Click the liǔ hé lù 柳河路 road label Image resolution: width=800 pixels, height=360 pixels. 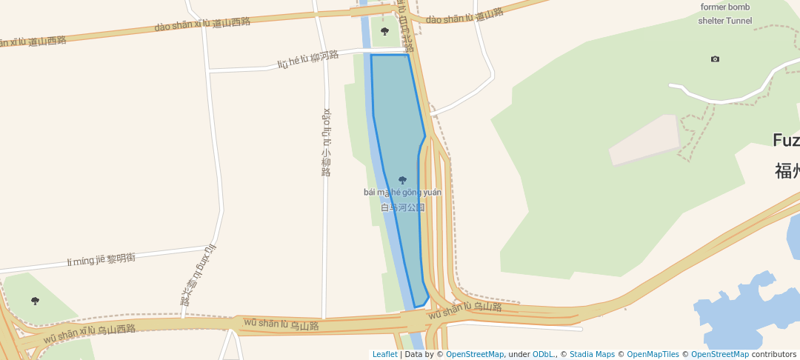(308, 59)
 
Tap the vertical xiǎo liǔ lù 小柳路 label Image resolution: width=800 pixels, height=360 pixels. (326, 142)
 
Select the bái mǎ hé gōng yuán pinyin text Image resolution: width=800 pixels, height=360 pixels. (402, 193)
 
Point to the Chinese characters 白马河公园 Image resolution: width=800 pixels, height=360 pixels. (402, 207)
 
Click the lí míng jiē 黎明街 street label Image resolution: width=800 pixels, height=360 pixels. (101, 259)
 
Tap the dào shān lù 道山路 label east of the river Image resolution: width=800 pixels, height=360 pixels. (464, 16)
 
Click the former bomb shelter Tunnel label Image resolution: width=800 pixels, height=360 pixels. (725, 14)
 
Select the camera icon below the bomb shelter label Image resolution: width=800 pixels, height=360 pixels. (715, 59)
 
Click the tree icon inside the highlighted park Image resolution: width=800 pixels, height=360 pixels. (402, 180)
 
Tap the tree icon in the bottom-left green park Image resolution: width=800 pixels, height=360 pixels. (35, 301)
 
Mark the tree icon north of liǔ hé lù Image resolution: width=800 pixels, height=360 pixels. (384, 31)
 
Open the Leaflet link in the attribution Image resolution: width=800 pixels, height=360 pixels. (384, 354)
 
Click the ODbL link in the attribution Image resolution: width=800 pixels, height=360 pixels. (543, 354)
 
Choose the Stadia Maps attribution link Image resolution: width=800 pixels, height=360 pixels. (592, 354)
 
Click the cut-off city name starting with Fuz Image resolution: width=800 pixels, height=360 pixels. (785, 140)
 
